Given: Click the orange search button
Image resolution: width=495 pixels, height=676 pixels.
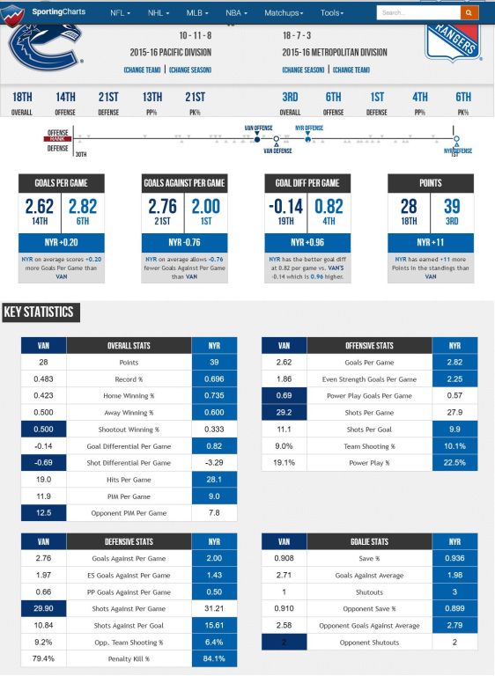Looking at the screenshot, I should click(469, 13).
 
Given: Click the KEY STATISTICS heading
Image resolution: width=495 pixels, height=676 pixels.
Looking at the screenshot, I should click(39, 312).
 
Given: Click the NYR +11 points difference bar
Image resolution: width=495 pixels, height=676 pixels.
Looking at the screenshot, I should click(431, 242).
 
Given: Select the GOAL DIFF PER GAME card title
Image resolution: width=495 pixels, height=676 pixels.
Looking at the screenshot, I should click(307, 183).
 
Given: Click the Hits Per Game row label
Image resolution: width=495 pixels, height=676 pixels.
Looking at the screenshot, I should click(129, 480).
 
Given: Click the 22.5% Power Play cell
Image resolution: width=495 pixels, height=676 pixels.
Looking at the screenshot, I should click(454, 463).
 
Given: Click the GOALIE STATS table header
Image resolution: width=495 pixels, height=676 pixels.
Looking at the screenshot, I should click(366, 542).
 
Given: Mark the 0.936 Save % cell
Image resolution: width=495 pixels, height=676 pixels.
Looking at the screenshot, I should click(454, 558).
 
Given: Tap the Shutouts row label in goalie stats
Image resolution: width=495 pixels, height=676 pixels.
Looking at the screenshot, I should click(366, 591).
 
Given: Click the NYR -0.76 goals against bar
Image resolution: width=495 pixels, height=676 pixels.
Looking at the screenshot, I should click(184, 242).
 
